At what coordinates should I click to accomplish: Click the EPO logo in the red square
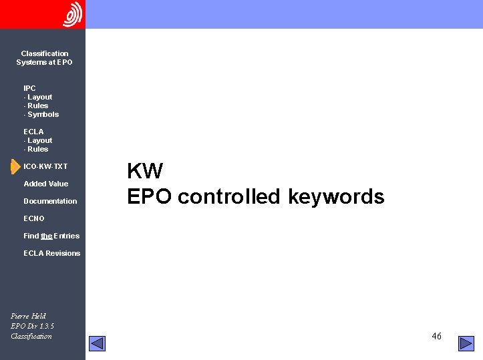pos(72,14)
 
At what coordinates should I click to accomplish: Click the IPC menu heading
pos(29,88)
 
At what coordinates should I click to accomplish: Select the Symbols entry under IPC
pos(43,114)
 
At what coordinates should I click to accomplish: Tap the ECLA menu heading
pos(33,132)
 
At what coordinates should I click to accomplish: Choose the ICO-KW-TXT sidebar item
pos(45,166)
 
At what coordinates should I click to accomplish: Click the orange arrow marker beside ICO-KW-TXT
pos(15,166)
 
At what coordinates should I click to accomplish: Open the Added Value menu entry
pos(45,184)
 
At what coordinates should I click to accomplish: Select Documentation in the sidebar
pos(50,201)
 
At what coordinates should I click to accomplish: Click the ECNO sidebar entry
pos(34,218)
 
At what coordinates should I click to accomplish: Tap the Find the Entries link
pos(51,236)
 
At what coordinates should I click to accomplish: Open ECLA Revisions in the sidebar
pos(51,253)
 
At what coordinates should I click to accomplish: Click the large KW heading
pos(145,172)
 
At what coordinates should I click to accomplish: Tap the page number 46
pos(436,336)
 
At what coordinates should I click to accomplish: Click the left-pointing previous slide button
pos(98,343)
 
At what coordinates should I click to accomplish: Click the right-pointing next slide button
pos(466,343)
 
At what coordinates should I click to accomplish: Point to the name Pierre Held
pos(29,316)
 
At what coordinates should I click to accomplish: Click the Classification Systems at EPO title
pos(44,58)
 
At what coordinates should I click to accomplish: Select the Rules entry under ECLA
pos(37,149)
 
